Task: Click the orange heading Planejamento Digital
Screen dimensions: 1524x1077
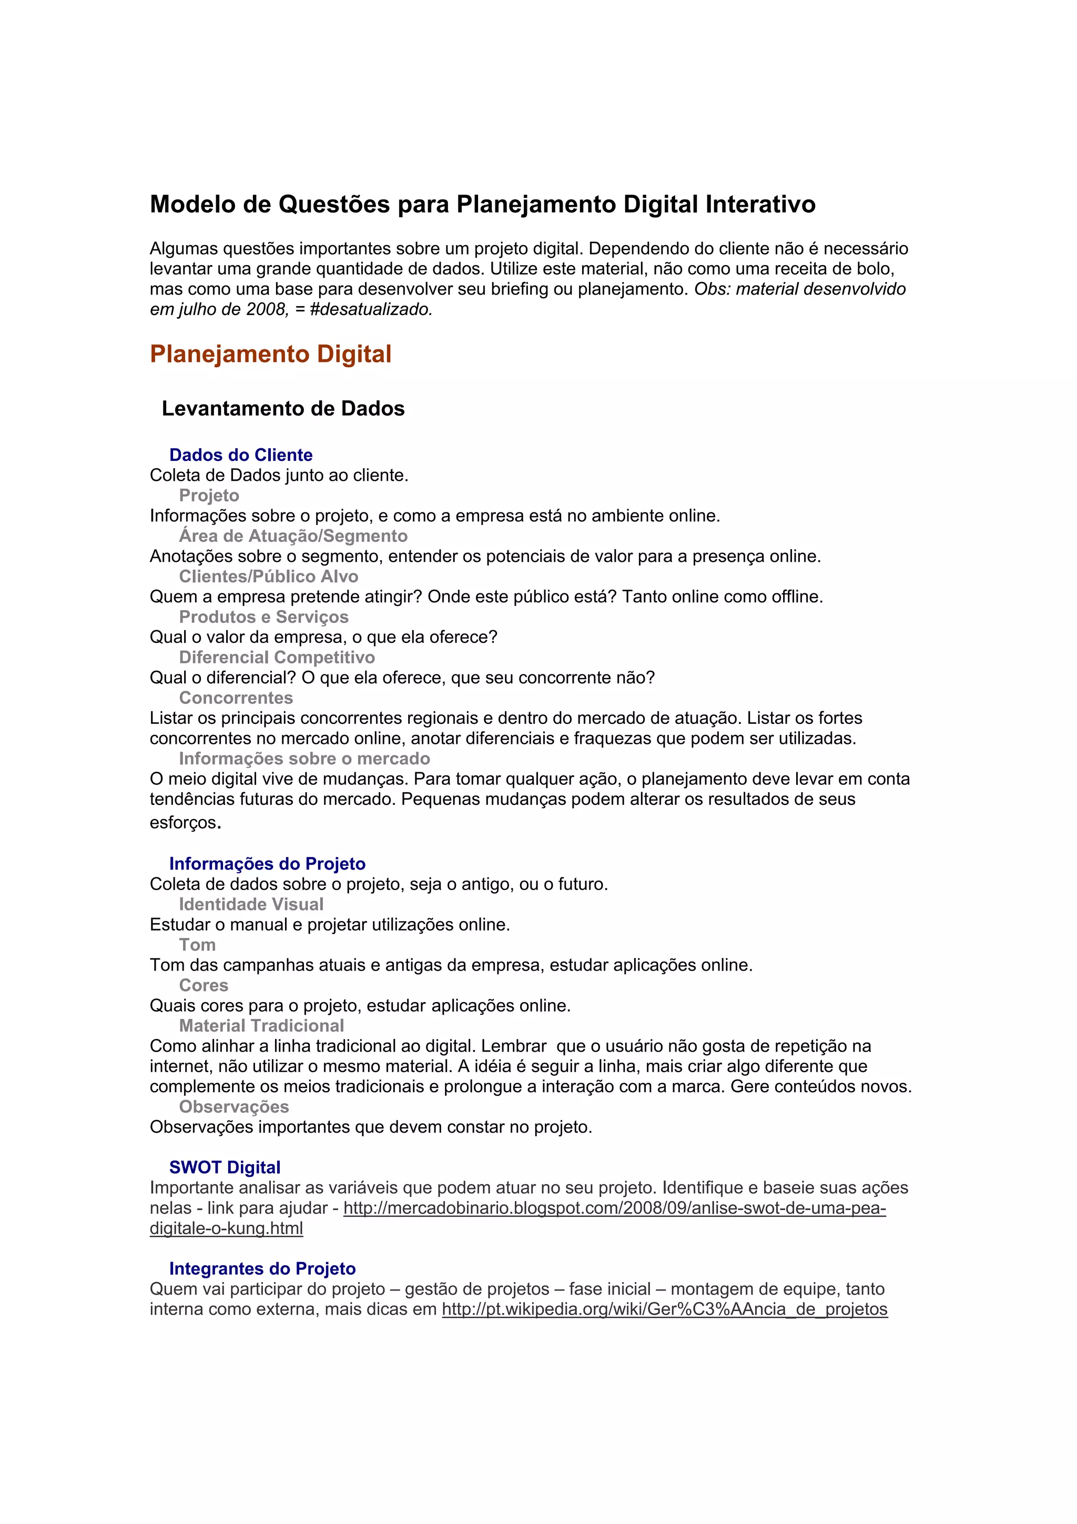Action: [270, 354]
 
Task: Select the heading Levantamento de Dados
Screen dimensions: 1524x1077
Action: [283, 408]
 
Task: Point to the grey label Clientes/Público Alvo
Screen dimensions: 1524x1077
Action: [268, 576]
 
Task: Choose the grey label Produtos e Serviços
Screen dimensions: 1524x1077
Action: [263, 617]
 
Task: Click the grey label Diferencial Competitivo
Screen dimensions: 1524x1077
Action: [277, 657]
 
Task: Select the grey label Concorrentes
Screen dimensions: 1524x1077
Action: [236, 698]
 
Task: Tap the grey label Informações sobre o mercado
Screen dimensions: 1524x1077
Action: [304, 758]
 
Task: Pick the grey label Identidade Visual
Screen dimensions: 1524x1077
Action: [251, 904]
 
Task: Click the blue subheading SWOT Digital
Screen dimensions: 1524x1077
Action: [225, 1167]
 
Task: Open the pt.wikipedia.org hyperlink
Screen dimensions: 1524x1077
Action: [664, 1309]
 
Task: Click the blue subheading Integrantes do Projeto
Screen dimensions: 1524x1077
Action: [262, 1268]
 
